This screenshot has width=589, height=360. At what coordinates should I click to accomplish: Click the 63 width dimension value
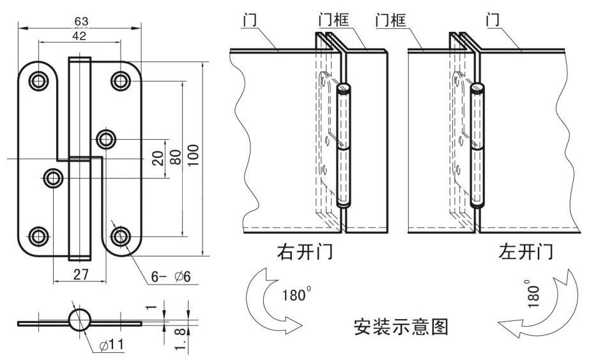(81, 21)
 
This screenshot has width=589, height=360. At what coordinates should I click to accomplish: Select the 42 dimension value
(79, 36)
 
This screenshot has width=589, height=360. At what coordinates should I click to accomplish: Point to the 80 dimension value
(175, 157)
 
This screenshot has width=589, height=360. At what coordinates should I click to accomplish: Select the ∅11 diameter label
(112, 345)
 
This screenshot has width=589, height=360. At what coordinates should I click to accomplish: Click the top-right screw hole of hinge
(120, 80)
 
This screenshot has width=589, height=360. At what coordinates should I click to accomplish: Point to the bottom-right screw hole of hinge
(120, 236)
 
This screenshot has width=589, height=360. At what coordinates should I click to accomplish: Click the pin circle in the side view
(80, 319)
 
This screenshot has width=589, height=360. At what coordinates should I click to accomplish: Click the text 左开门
(526, 252)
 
